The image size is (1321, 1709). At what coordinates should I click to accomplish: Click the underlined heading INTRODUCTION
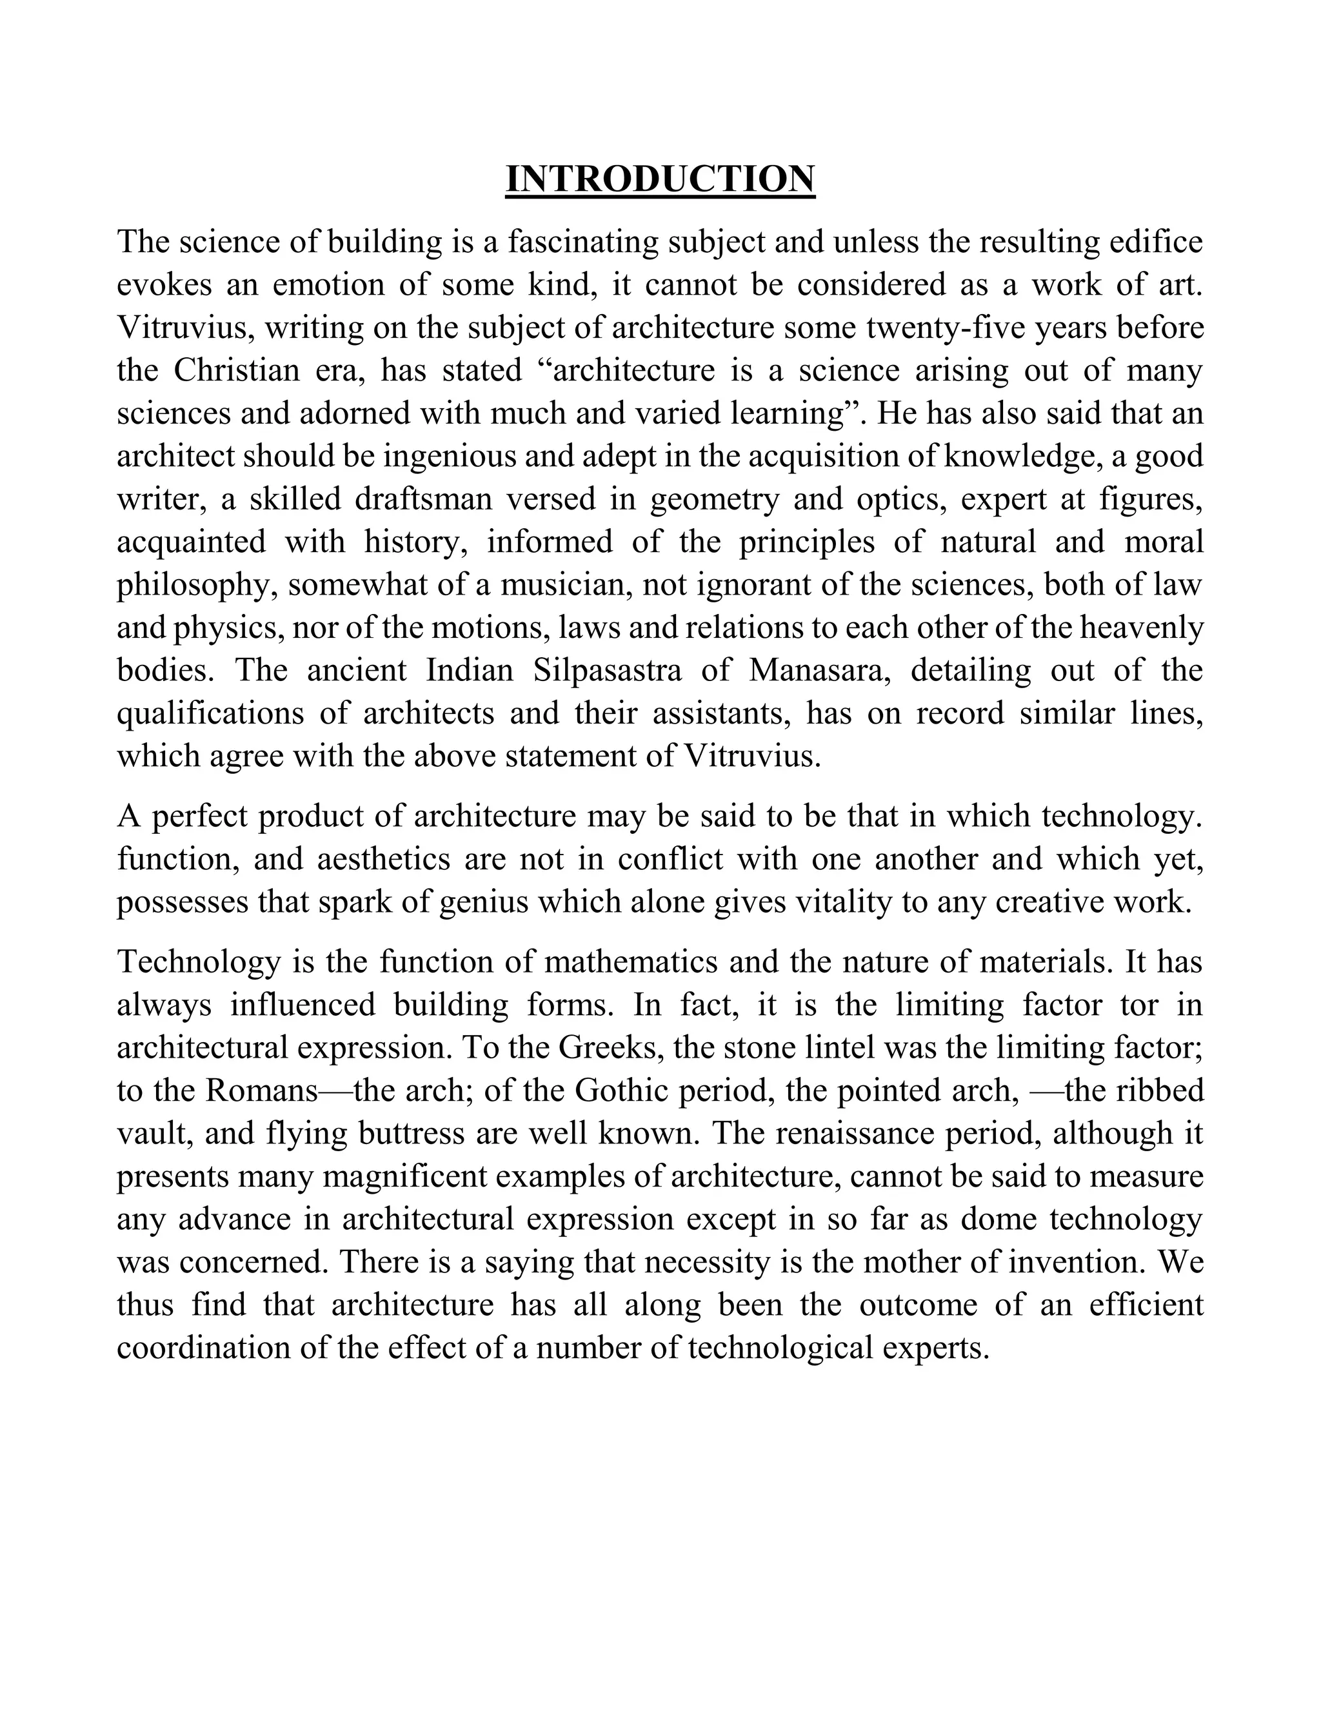click(660, 179)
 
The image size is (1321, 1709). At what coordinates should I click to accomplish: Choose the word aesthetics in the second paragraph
click(384, 859)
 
